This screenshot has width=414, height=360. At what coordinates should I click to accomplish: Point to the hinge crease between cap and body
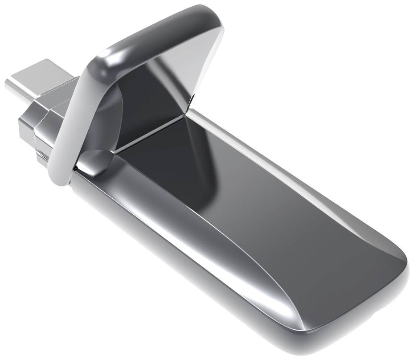pyautogui.click(x=152, y=131)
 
